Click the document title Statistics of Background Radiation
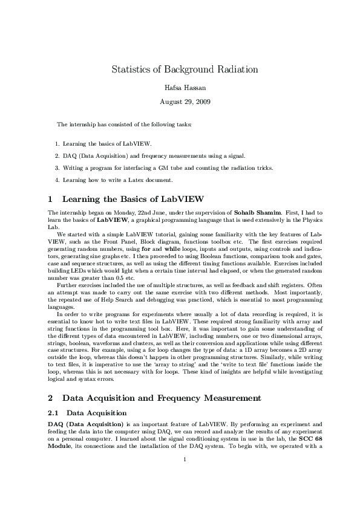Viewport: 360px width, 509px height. (185, 70)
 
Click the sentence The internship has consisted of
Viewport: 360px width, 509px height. (124, 125)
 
